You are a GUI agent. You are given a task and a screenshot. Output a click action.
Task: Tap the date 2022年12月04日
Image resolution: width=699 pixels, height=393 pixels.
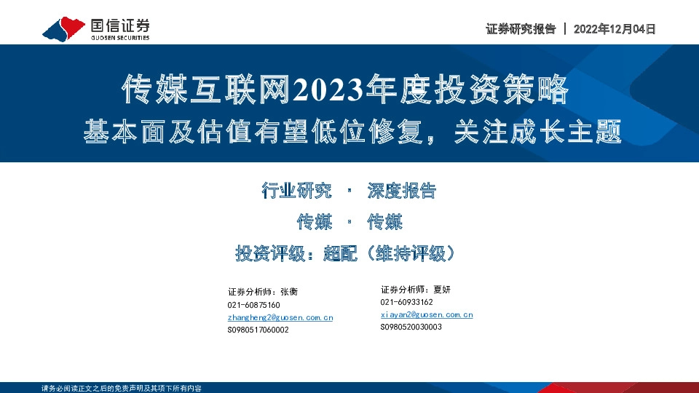[615, 29]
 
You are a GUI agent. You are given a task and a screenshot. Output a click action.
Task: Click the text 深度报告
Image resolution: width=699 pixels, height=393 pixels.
[401, 191]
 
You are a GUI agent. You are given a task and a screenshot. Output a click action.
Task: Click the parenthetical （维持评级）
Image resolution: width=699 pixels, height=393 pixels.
[412, 253]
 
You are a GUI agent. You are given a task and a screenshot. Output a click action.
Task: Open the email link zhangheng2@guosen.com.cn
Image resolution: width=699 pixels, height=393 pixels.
[280, 318]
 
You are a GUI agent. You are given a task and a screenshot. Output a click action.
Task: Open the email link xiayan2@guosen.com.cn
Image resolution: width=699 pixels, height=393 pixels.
[427, 314]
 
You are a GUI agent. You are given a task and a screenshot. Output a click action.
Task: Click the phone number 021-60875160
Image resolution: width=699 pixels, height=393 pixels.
[253, 305]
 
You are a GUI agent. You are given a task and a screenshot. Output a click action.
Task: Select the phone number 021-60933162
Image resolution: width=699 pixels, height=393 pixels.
[406, 302]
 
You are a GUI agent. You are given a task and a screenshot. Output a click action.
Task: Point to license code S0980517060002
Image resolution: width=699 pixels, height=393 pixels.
[258, 330]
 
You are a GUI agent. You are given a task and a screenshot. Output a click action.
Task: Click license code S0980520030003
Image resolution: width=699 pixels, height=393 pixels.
[411, 327]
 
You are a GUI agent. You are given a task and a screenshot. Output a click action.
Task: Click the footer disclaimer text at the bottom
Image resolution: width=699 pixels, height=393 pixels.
[122, 388]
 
